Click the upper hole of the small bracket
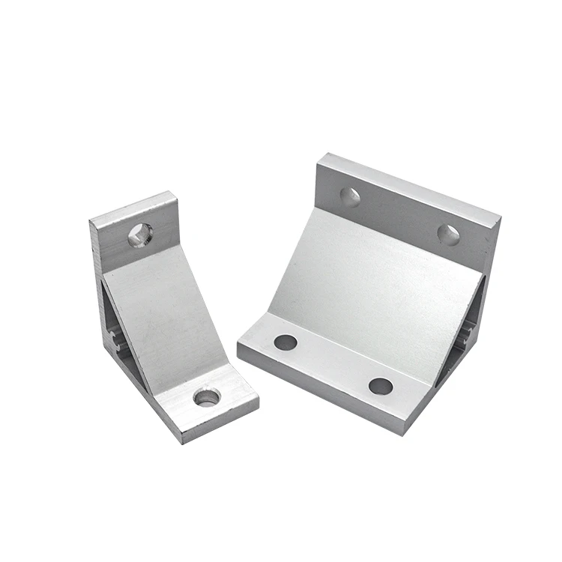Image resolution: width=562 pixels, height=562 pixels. click(139, 235)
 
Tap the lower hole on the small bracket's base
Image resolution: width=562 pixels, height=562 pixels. click(206, 397)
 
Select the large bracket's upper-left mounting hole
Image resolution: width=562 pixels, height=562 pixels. click(350, 197)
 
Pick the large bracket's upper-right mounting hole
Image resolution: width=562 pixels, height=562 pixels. click(448, 235)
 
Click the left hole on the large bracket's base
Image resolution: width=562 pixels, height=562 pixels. click(285, 342)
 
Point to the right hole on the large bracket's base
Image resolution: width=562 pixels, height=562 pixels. click(381, 386)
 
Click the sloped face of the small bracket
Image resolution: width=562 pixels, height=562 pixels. click(161, 315)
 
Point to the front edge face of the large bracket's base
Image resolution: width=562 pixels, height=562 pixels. click(330, 390)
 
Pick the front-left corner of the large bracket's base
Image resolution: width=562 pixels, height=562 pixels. click(240, 346)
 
